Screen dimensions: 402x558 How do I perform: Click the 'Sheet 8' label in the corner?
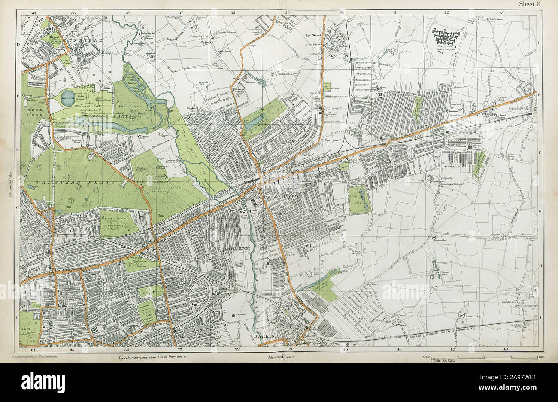pos(531,4)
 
